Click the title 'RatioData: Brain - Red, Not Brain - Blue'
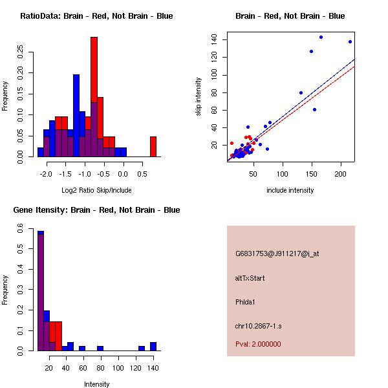pyautogui.click(x=96, y=16)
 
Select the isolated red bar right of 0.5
pyautogui.click(x=153, y=146)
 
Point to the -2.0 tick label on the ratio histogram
pyautogui.click(x=46, y=175)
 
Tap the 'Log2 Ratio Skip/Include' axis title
pyautogui.click(x=96, y=190)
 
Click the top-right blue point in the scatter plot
pyautogui.click(x=350, y=41)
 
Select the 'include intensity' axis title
pyautogui.click(x=290, y=190)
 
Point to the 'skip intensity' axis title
pyautogui.click(x=199, y=97)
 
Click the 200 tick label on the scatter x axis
pyautogui.click(x=341, y=175)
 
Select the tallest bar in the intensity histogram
pyautogui.click(x=41, y=291)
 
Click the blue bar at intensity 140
pyautogui.click(x=153, y=347)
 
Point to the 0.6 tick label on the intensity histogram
pyautogui.click(x=21, y=229)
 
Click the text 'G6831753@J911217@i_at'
pyautogui.click(x=277, y=253)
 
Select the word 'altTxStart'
pyautogui.click(x=250, y=278)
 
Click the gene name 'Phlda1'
pyautogui.click(x=246, y=302)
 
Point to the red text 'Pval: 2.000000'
pyautogui.click(x=258, y=344)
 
